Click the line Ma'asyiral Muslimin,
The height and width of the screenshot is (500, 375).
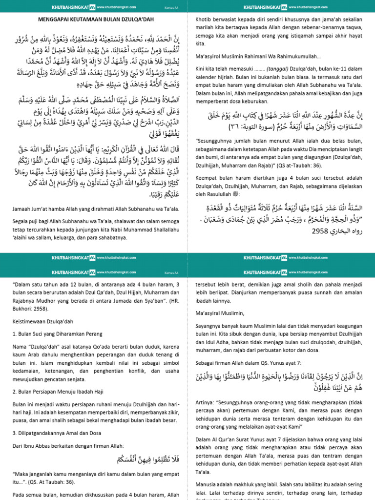coord(219,313)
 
